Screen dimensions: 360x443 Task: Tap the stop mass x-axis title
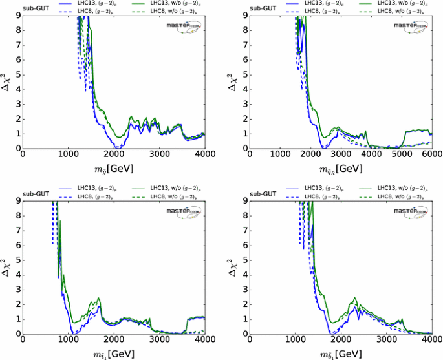coord(114,354)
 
